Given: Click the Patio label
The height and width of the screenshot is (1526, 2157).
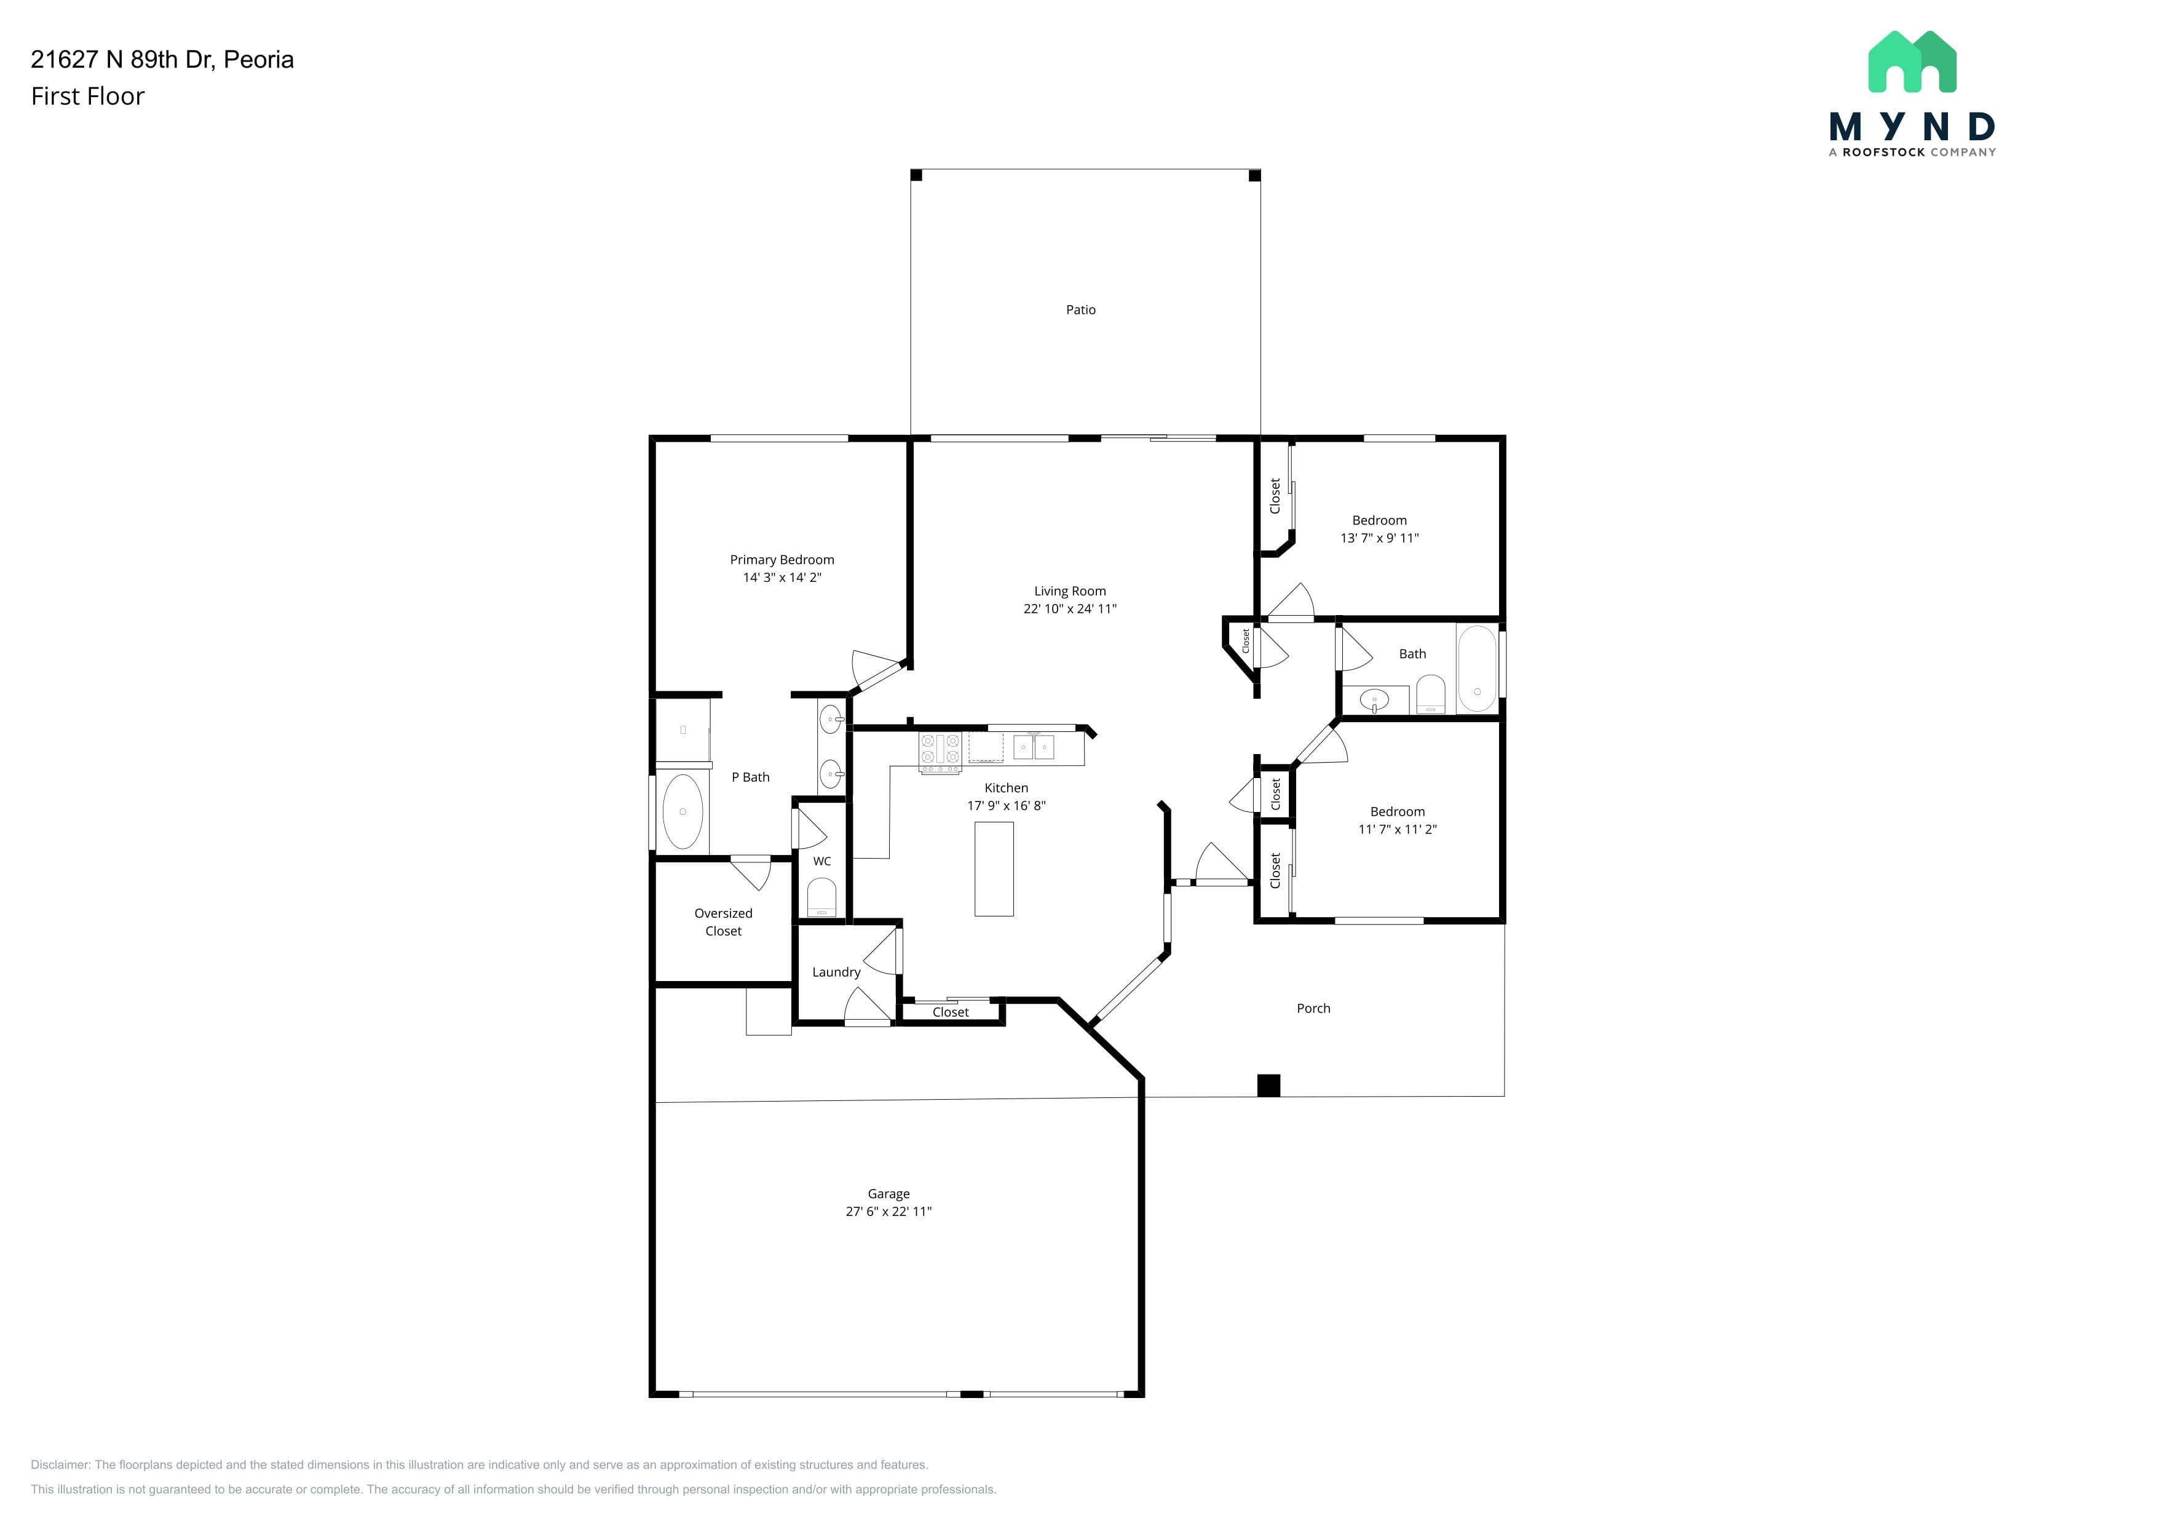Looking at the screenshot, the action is pos(1080,309).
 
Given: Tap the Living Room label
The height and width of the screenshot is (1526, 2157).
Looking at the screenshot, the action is pos(1070,591).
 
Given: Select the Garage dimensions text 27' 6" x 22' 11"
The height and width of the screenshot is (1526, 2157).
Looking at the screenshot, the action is pos(889,1211).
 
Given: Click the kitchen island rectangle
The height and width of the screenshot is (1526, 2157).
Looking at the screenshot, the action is pos(994,868).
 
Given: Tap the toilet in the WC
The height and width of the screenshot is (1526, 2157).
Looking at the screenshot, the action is pos(821,897).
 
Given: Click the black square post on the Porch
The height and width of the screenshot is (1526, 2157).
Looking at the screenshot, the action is pos(1268,1086).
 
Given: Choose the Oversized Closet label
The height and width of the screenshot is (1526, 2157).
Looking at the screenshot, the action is pos(723,922).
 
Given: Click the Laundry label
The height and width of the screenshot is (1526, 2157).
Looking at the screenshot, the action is pos(836,972).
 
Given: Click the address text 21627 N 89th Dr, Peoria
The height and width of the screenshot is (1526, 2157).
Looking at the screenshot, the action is pos(162,59).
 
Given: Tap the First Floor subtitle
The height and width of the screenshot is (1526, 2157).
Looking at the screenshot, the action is pos(87,96).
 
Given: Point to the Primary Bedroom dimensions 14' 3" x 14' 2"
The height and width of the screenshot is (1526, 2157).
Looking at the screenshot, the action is pos(782,577).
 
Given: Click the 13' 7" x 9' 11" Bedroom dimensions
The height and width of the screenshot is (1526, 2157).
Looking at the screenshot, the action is pos(1379,538).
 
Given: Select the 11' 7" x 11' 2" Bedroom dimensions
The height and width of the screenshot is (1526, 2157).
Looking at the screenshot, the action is pos(1397,829).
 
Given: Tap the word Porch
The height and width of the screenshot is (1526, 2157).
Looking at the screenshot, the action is pos(1313,1008).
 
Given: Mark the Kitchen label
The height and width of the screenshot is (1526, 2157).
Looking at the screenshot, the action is pos(1006,787).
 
